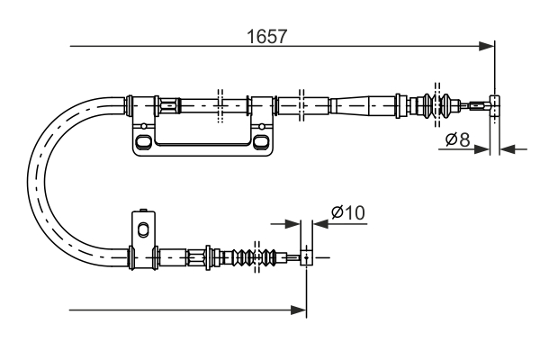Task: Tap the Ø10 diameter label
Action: pos(346,213)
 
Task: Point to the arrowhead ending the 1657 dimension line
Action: pos(488,45)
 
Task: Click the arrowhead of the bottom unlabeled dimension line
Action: pos(300,310)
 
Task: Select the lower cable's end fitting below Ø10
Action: pos(306,257)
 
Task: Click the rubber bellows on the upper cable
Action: pos(435,105)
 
